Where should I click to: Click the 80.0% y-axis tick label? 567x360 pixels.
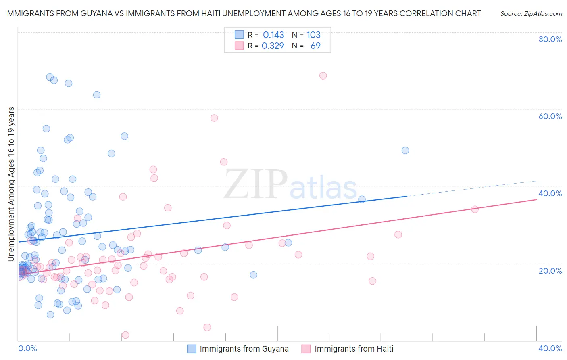pos(550,39)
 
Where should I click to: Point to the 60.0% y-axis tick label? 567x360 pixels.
pos(550,116)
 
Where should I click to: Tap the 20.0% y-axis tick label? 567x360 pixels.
pos(550,270)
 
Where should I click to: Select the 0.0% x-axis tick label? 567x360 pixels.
pos(27,348)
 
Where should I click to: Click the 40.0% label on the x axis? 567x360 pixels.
pos(550,348)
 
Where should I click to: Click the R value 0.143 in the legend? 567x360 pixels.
pos(273,35)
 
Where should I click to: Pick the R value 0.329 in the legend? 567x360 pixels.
pos(273,46)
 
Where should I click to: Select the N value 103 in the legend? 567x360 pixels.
pos(313,35)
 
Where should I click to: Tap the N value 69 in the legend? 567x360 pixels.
pos(315,46)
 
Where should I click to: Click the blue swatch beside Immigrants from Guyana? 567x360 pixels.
pos(192,349)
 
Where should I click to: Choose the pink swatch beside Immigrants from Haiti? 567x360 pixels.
pos(306,349)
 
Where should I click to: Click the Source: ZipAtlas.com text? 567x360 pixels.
pos(531,13)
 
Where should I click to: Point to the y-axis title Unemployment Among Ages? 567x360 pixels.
pos(11,184)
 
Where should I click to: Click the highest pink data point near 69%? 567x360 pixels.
pos(323,75)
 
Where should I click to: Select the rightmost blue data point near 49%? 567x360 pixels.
pos(405,150)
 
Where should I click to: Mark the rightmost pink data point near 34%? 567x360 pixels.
pos(475,209)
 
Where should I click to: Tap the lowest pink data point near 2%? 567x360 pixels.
pos(125,335)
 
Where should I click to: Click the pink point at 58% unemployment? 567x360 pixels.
pos(214,118)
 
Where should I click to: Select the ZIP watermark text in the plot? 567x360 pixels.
pos(255,184)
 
